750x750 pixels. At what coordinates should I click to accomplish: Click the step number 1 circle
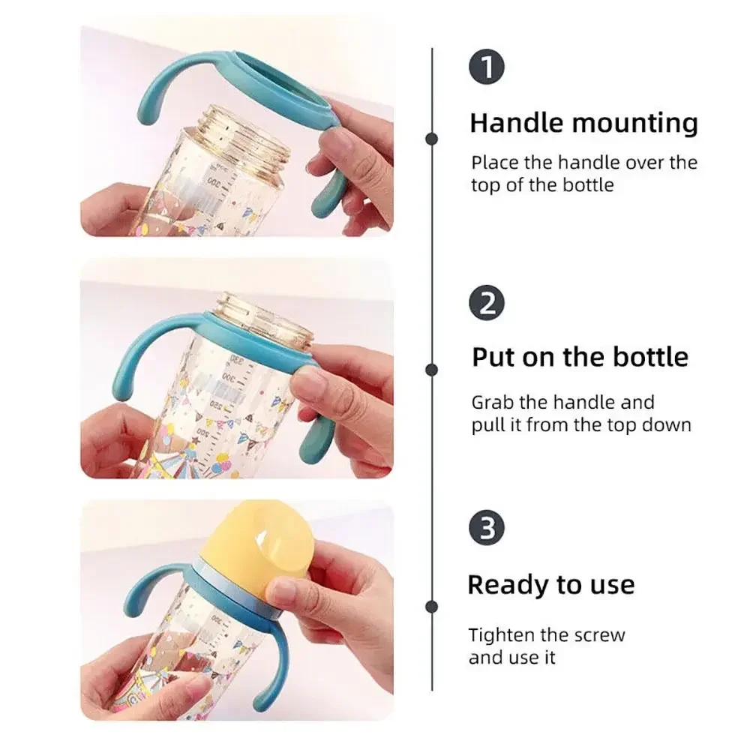point(486,68)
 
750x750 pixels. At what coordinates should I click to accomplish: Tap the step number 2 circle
point(486,304)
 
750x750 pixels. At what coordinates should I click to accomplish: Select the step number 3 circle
point(486,528)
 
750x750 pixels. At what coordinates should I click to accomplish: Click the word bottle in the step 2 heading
point(650,357)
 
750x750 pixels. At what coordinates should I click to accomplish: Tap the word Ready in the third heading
point(502,585)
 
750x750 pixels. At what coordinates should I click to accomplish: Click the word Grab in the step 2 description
point(490,403)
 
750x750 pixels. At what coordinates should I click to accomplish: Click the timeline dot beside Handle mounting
point(431,138)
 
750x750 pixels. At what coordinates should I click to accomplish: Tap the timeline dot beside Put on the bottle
point(431,369)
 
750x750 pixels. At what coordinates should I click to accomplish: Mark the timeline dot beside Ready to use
point(431,606)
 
